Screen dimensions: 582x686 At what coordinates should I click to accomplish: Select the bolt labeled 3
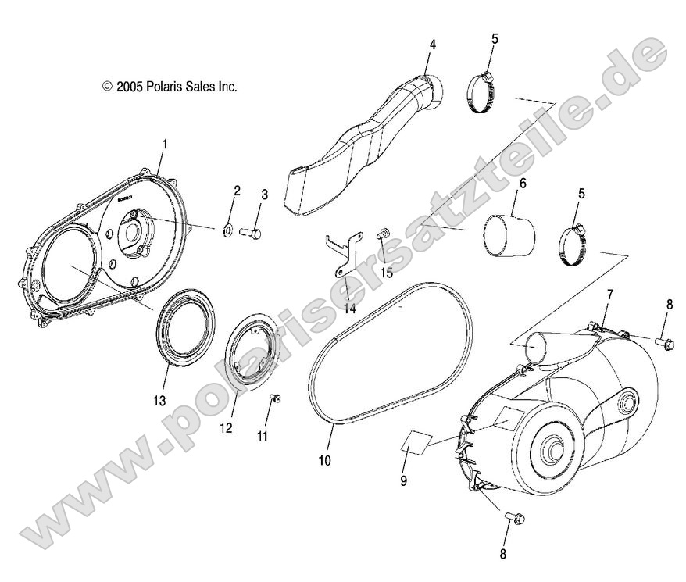click(x=252, y=231)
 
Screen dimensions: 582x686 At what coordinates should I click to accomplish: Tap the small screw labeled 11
click(x=274, y=400)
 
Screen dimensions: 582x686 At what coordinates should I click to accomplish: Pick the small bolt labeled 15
click(x=382, y=234)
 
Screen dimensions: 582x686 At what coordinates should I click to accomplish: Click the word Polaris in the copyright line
click(x=165, y=86)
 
